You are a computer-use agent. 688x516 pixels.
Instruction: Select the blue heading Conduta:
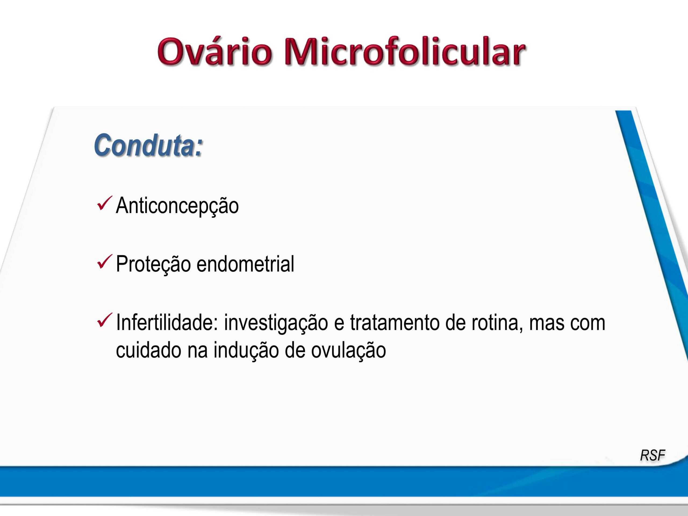click(x=148, y=145)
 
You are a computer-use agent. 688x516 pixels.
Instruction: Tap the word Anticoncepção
click(x=177, y=206)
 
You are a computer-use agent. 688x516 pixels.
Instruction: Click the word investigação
click(x=276, y=323)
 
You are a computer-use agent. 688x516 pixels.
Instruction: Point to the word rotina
click(x=497, y=322)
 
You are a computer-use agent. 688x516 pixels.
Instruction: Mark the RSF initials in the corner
click(x=652, y=455)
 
